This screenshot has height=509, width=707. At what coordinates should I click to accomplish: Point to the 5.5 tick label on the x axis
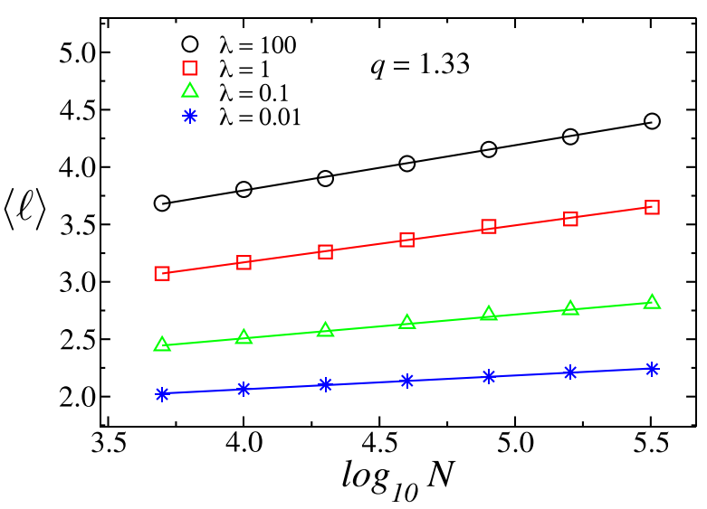(x=651, y=445)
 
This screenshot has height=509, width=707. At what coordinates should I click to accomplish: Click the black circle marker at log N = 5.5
(x=652, y=121)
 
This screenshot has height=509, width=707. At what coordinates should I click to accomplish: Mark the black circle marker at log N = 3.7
(x=162, y=203)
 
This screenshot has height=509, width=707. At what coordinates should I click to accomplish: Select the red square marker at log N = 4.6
(x=406, y=240)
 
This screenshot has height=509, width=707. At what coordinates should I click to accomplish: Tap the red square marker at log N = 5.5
(x=652, y=207)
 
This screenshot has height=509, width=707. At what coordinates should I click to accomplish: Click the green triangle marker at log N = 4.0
(x=244, y=337)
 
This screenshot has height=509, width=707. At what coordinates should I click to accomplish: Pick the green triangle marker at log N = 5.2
(x=570, y=308)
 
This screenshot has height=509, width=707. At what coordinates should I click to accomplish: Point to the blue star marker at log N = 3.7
(x=162, y=394)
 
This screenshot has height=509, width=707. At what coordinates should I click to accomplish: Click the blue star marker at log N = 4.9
(x=489, y=376)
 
